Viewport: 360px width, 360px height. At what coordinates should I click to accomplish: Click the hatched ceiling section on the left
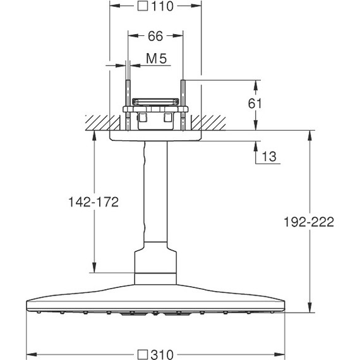pos(97,122)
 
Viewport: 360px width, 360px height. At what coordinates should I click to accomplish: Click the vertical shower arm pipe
pos(155,196)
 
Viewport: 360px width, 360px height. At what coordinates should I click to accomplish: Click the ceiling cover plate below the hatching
pos(155,135)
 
